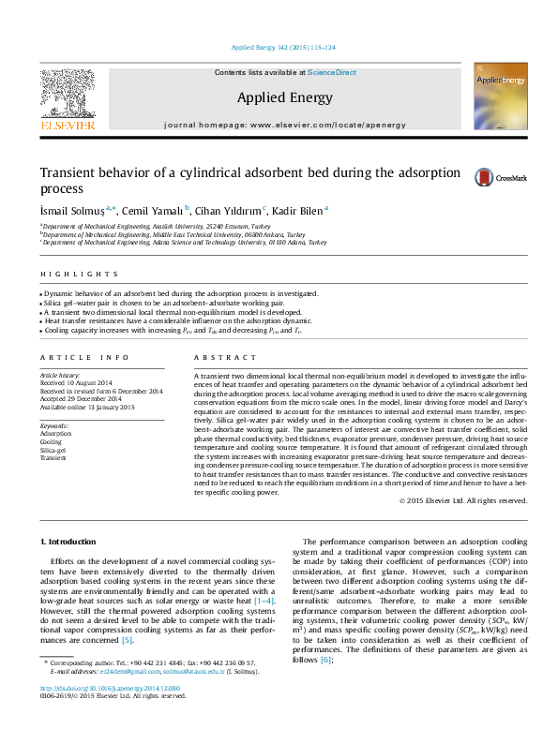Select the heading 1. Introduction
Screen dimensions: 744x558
click(72, 541)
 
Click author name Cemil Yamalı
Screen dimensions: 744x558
click(154, 211)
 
